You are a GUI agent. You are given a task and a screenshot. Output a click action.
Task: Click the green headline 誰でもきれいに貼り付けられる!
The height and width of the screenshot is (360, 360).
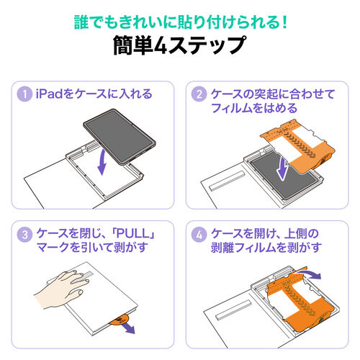coord(179,22)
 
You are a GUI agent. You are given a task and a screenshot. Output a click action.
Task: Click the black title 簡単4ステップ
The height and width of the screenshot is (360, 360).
coord(179,47)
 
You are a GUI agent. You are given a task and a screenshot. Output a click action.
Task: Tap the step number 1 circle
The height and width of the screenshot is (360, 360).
coord(26,94)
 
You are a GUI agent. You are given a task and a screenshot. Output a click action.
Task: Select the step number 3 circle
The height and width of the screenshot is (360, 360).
coord(26,235)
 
